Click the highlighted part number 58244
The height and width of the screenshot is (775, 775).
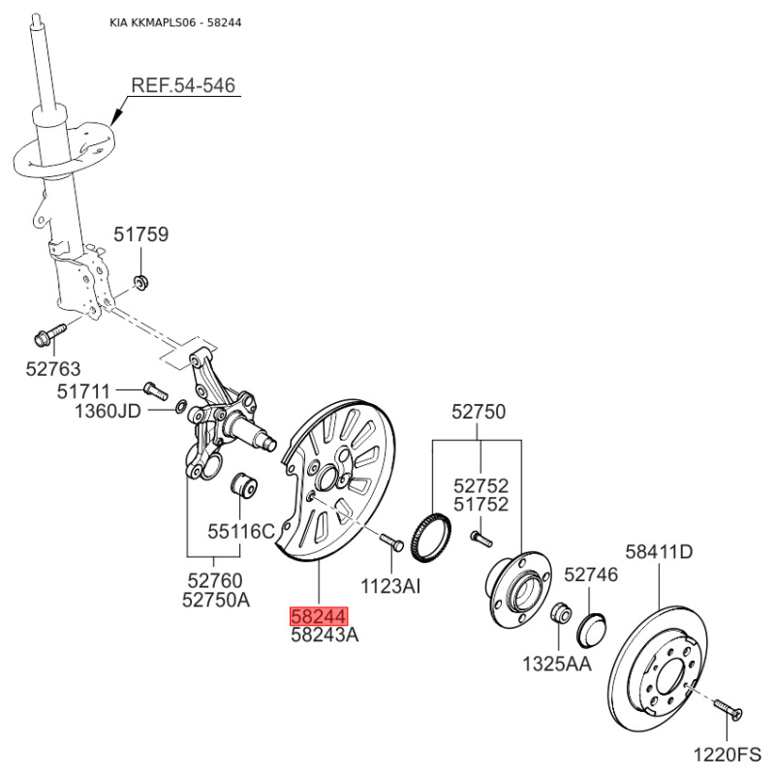click(x=320, y=616)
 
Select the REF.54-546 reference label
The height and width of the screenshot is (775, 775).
click(x=183, y=85)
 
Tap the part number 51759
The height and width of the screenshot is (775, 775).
click(x=140, y=234)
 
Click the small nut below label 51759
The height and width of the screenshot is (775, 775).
click(x=141, y=283)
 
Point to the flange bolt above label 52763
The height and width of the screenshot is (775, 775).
click(x=50, y=334)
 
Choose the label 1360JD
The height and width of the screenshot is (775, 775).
click(x=108, y=411)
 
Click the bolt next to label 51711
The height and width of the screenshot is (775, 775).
click(x=156, y=390)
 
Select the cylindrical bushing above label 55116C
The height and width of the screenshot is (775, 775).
click(x=244, y=486)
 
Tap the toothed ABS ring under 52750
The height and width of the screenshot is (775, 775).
click(x=431, y=538)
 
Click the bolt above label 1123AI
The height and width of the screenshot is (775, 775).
click(x=392, y=542)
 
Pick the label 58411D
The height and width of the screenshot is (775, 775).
click(x=659, y=551)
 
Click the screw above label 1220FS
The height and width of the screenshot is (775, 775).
click(x=728, y=710)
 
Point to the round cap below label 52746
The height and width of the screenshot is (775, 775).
click(x=591, y=630)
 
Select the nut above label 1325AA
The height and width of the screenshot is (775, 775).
click(x=561, y=613)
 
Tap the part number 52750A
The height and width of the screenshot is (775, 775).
click(x=216, y=600)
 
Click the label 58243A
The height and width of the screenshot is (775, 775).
click(x=325, y=635)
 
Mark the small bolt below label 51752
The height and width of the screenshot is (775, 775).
click(x=481, y=539)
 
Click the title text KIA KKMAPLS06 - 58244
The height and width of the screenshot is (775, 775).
click(x=175, y=22)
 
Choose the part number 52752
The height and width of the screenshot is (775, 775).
click(x=480, y=486)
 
